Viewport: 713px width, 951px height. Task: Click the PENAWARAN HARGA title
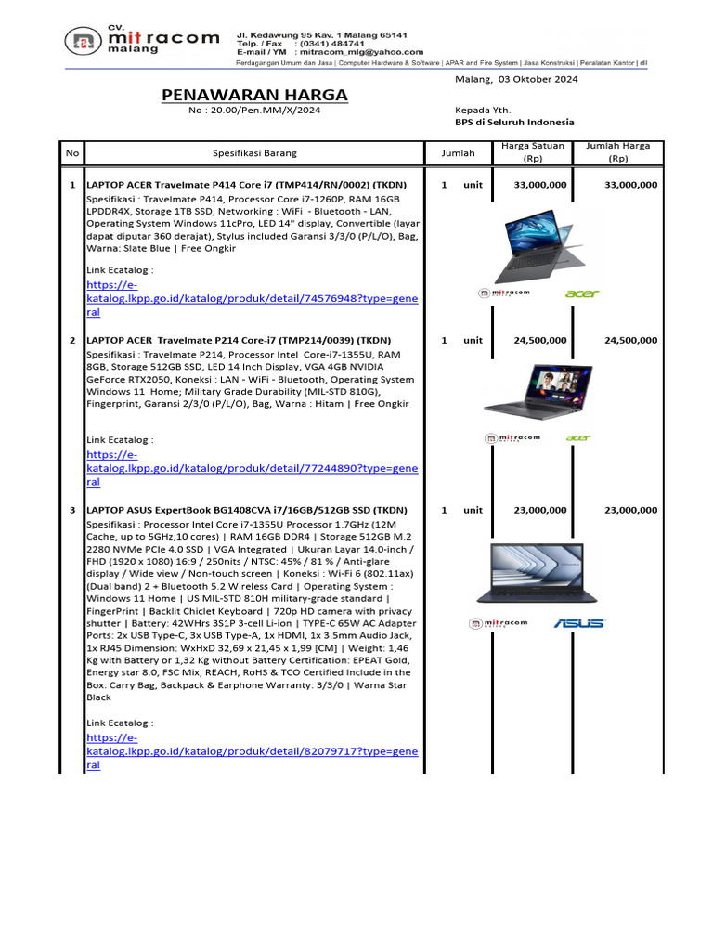pos(254,96)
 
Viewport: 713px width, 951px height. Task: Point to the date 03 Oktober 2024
pos(538,79)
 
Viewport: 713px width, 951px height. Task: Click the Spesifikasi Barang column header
pos(254,152)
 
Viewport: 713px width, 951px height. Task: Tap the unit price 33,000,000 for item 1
pos(540,185)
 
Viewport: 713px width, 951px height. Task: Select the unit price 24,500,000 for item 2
pos(540,341)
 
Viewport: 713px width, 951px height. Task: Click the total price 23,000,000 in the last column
pos(630,510)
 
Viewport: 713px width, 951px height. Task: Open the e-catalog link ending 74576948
pos(253,299)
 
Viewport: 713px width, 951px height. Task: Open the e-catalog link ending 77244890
pos(253,469)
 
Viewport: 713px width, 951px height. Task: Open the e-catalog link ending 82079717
pos(253,750)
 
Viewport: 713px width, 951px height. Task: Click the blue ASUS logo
pos(578,623)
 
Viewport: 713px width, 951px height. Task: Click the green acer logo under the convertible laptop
pos(582,293)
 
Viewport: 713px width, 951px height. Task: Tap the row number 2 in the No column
pos(72,341)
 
